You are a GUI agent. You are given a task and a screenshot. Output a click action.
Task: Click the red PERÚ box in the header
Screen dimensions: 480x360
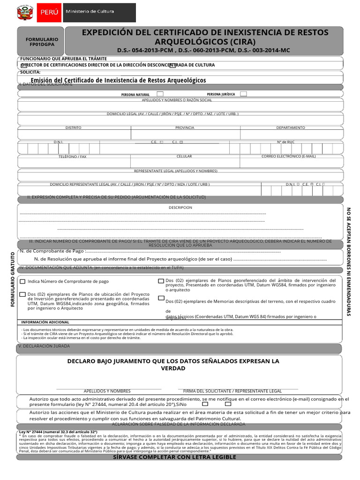point(49,13)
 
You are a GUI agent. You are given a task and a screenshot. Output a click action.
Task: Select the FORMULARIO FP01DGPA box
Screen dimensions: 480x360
point(42,42)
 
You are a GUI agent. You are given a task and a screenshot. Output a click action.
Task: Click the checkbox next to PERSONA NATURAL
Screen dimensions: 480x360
point(160,94)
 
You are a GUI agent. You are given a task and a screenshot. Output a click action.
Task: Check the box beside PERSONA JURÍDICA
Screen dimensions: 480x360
point(243,94)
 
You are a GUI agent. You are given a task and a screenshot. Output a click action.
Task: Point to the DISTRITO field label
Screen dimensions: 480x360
point(73,127)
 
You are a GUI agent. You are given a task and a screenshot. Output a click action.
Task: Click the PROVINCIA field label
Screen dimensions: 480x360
point(185,127)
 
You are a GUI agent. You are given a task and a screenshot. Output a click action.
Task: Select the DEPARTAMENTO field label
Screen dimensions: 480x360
point(290,127)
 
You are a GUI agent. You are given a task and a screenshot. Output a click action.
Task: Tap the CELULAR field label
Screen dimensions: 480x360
point(184,156)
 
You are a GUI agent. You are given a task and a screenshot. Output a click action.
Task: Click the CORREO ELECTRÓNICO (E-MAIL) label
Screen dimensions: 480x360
point(288,156)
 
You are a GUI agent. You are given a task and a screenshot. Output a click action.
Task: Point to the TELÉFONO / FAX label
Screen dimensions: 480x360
point(72,157)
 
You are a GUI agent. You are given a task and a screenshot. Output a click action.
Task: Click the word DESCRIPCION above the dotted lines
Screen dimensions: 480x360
point(180,207)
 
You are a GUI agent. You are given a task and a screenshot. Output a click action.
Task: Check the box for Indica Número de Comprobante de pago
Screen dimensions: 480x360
point(23,282)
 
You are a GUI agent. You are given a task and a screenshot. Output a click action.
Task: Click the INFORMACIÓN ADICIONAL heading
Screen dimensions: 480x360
point(45,322)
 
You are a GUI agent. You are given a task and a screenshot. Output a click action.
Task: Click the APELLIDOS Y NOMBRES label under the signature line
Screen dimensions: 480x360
point(107,391)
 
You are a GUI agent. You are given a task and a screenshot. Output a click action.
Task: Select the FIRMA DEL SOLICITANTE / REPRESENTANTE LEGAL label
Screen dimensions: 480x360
point(232,391)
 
